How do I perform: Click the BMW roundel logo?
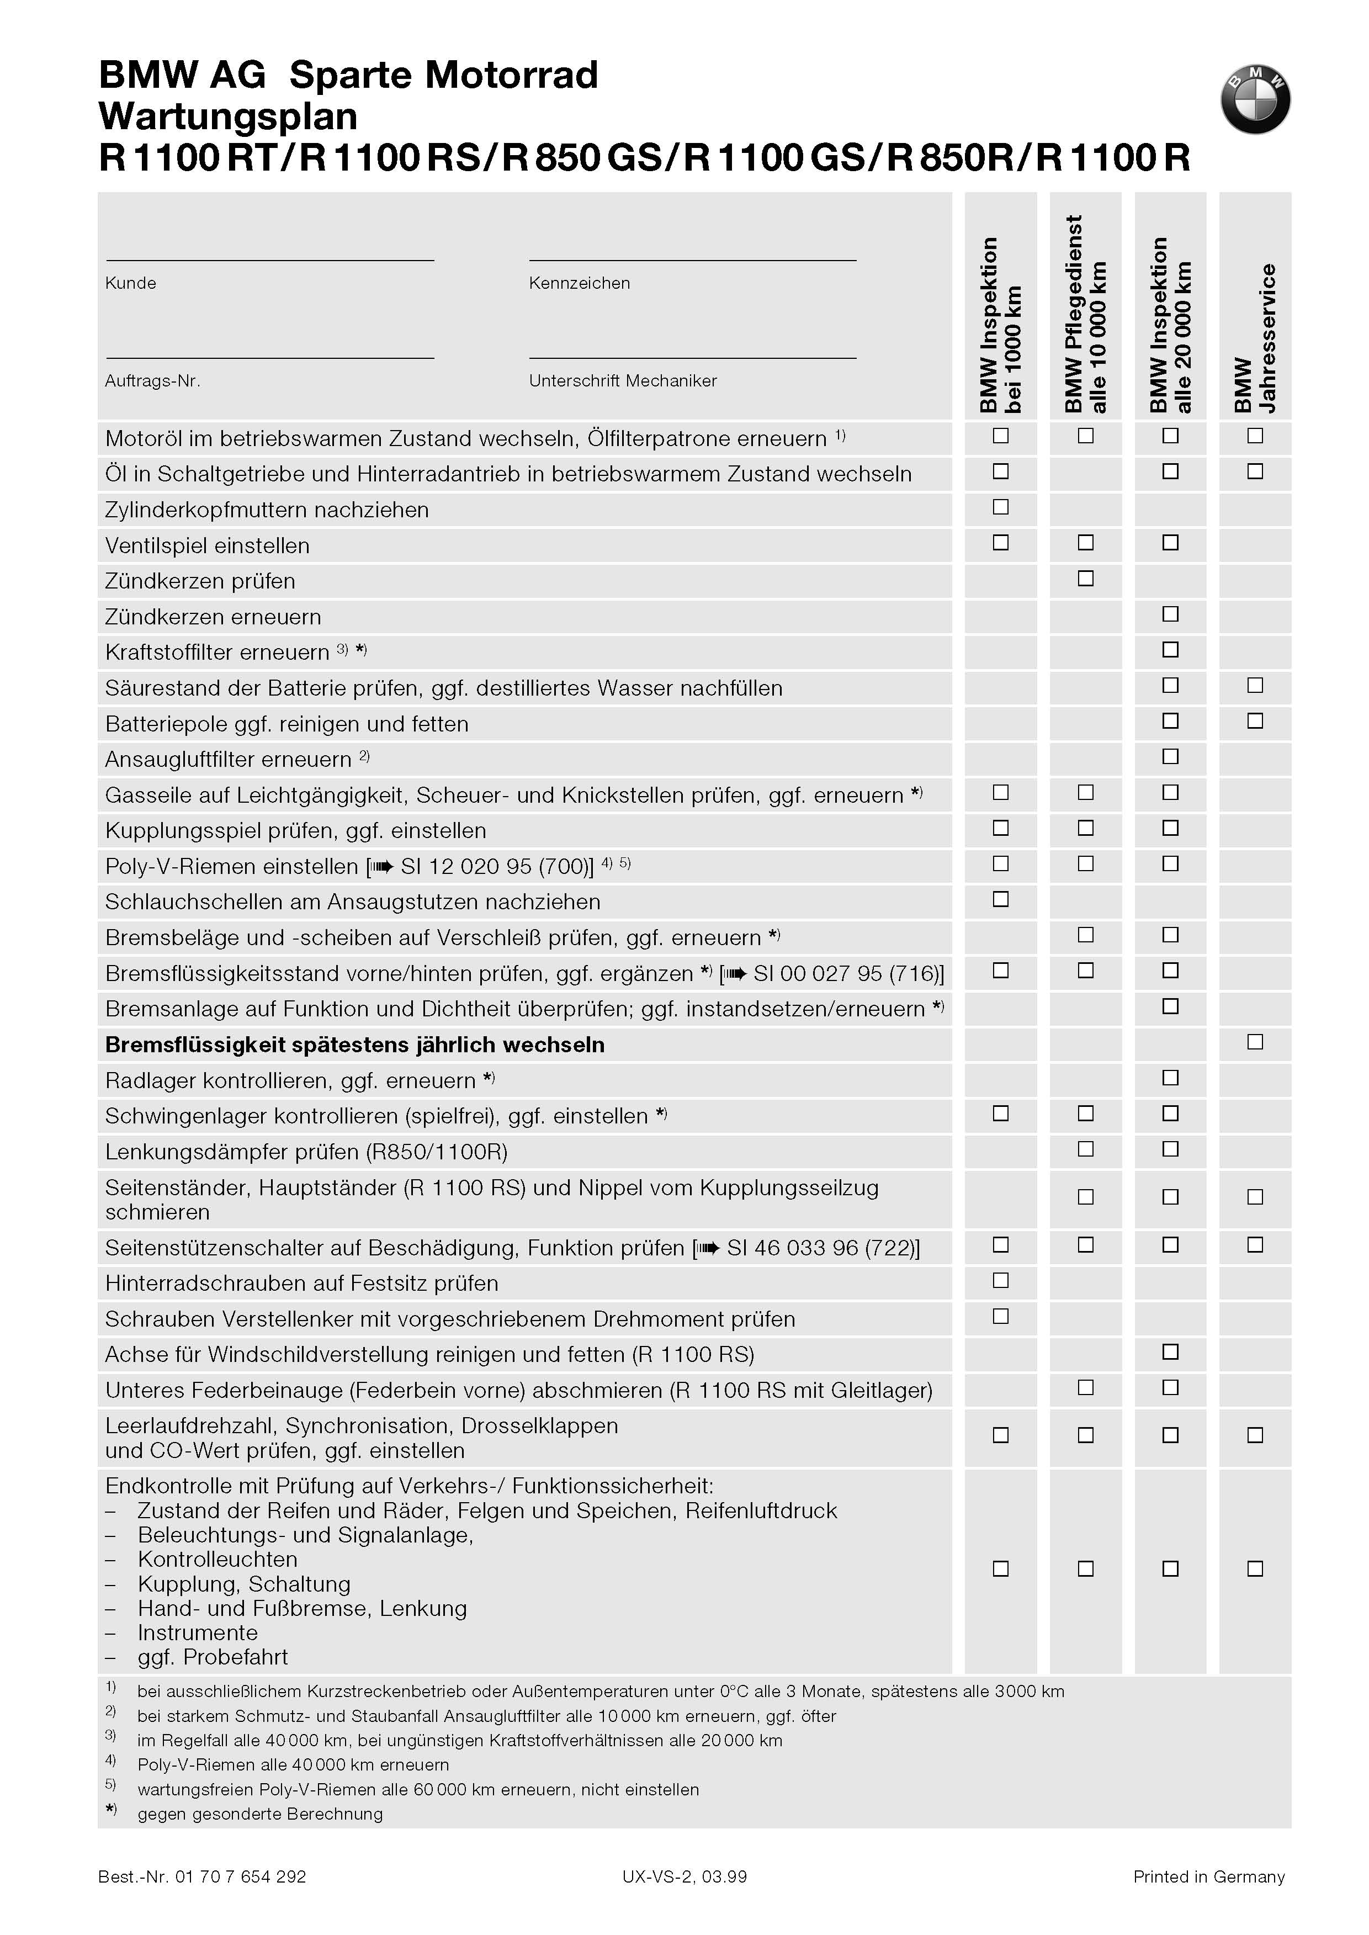[1255, 99]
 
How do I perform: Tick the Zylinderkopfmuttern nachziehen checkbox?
[1001, 507]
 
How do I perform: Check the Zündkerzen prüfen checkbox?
[1086, 579]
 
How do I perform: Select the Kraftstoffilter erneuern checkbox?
[1170, 650]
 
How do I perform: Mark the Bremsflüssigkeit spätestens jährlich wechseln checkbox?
[1255, 1042]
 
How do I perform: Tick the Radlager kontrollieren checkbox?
[1170, 1078]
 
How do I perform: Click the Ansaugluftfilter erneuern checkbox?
[1170, 757]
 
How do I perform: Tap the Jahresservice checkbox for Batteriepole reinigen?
[1255, 721]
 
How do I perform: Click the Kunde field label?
[131, 283]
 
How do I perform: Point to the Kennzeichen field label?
[579, 283]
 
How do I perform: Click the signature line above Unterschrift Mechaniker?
[692, 358]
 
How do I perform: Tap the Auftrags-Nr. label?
[152, 381]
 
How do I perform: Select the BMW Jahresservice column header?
[1255, 337]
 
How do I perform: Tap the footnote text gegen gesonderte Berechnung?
[259, 1814]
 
